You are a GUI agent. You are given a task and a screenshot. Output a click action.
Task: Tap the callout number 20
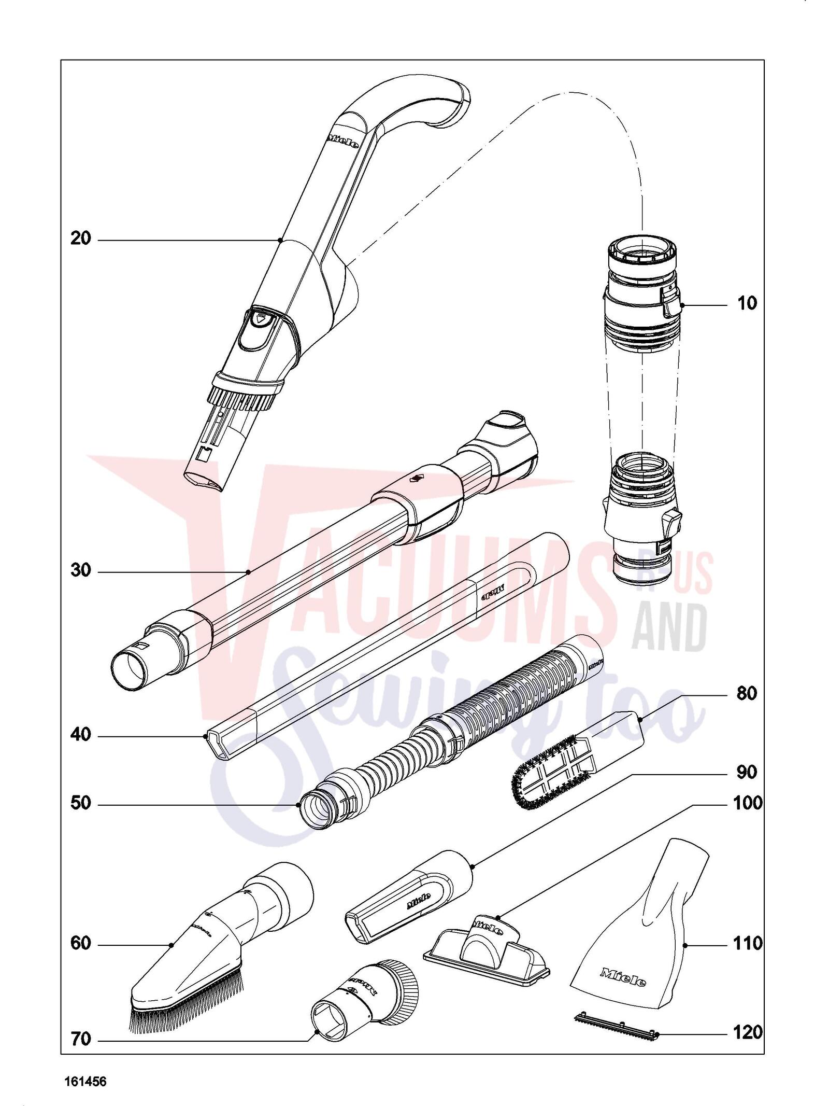coord(80,239)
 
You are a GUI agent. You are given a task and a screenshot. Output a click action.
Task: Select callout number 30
coord(80,571)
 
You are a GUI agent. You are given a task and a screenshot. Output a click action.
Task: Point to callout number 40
coord(80,735)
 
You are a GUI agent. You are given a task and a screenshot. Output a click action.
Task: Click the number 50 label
coord(80,803)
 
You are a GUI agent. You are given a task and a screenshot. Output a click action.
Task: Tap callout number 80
coord(746,693)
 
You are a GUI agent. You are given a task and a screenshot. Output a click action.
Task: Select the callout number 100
coord(748,803)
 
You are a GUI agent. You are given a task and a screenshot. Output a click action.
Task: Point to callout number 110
coord(748,944)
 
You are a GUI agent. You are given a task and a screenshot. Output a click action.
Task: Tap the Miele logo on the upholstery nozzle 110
coord(623,976)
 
